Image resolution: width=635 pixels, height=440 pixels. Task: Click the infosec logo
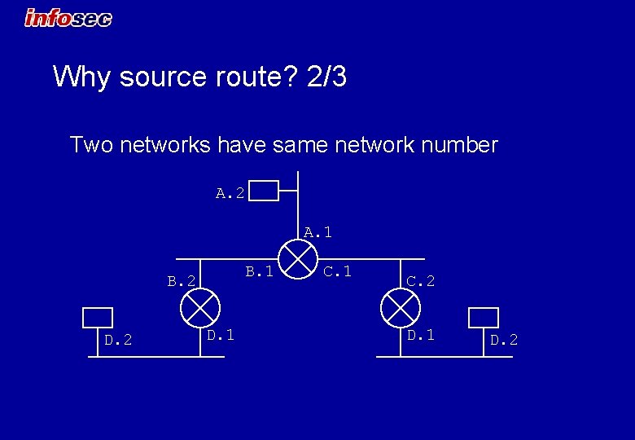(68, 17)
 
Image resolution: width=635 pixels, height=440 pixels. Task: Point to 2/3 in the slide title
(327, 77)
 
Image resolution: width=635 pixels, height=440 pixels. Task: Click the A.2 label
(230, 193)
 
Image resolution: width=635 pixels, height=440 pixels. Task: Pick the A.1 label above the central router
(317, 232)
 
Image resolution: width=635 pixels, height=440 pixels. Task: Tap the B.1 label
(260, 271)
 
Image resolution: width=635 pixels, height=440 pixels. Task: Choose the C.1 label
(337, 271)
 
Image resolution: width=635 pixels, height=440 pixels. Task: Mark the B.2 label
(181, 281)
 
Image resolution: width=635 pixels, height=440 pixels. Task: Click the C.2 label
(421, 281)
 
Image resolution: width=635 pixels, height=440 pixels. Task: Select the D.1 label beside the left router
(221, 334)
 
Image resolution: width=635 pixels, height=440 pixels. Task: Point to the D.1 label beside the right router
(421, 334)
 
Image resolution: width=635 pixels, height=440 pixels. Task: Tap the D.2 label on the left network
(119, 339)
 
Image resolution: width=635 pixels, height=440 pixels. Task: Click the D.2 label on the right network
(503, 339)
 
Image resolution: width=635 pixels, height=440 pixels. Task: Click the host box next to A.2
(265, 191)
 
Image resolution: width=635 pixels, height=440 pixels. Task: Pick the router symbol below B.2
(200, 307)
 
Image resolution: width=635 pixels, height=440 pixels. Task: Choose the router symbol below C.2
(399, 307)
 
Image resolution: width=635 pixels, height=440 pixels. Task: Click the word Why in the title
(82, 77)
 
